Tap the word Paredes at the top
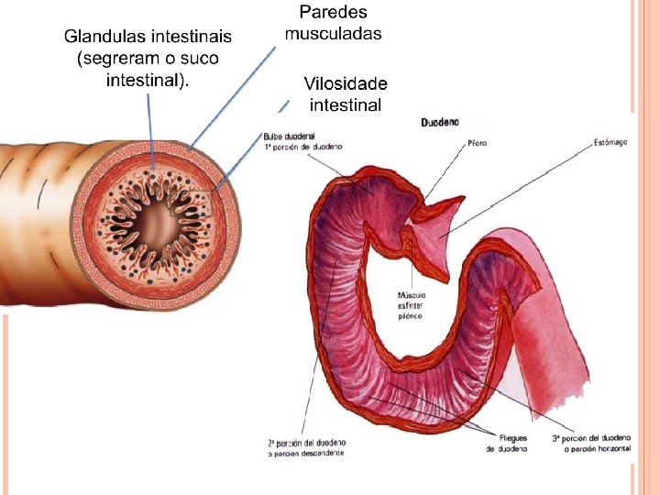click(x=333, y=13)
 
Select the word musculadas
click(x=333, y=34)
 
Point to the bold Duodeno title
click(x=440, y=122)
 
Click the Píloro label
click(x=478, y=143)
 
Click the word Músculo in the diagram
click(x=412, y=295)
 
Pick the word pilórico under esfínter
click(x=411, y=314)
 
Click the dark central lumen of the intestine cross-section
click(x=158, y=222)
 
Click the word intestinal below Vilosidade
click(x=345, y=104)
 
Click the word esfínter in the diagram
click(x=412, y=304)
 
